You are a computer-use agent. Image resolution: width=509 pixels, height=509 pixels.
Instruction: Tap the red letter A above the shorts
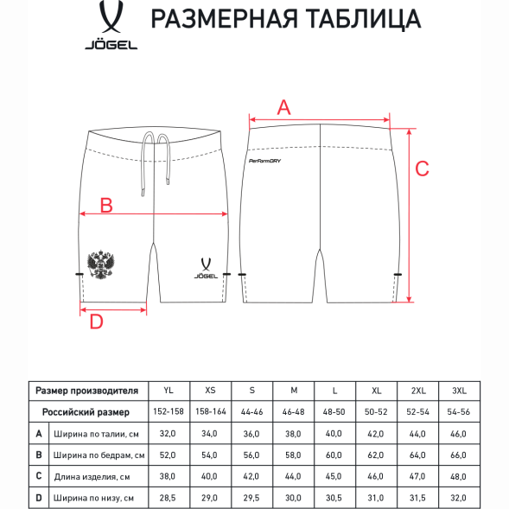(x=283, y=107)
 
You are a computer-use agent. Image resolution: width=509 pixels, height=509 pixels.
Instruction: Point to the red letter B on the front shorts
(x=105, y=205)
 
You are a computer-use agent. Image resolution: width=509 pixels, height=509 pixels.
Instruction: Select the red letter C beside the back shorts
(x=422, y=169)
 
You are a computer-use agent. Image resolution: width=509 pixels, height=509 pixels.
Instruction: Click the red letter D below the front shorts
(x=97, y=321)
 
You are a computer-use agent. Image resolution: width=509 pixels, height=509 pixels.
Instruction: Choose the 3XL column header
(x=459, y=391)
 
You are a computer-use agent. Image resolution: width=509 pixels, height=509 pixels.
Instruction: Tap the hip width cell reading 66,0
(x=459, y=455)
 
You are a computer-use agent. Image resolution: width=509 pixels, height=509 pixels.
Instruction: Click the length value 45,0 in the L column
(x=334, y=476)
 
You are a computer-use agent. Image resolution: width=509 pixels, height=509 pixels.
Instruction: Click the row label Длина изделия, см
(x=90, y=476)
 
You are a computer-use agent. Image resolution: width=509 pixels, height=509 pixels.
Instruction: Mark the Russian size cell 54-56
(x=459, y=412)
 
